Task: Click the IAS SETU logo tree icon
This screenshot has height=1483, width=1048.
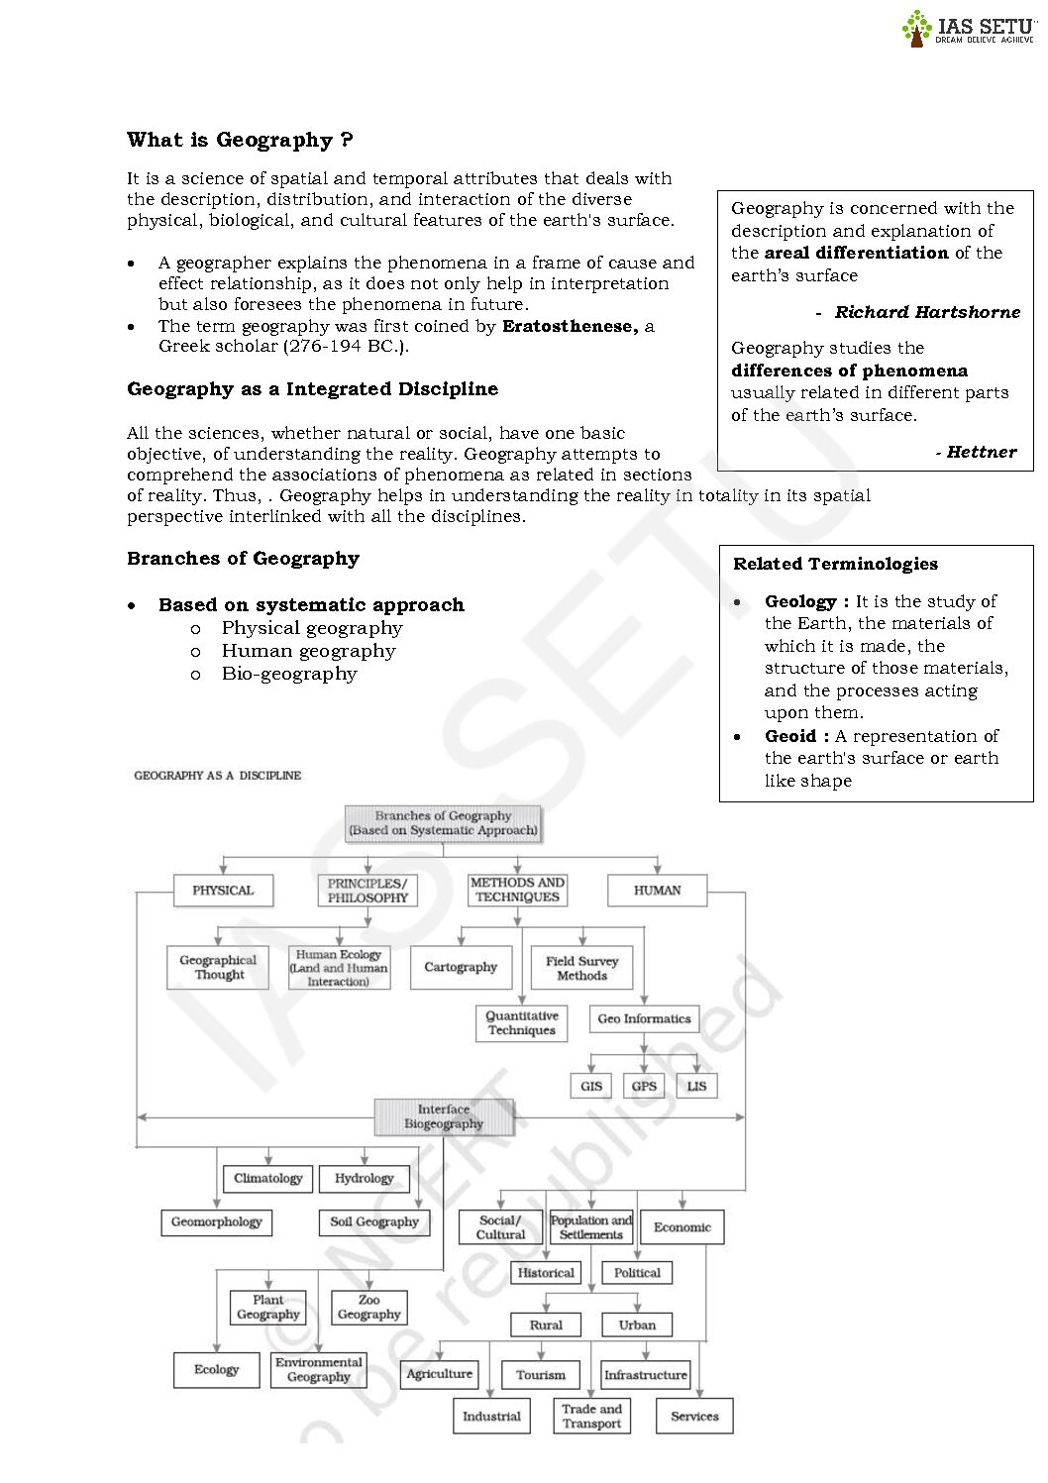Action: [x=916, y=28]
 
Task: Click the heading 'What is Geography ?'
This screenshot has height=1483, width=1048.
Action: [x=240, y=140]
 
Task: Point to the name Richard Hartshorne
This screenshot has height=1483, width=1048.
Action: [x=926, y=312]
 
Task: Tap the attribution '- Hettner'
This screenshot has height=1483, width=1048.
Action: [x=976, y=452]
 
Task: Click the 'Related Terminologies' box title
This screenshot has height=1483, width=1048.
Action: [x=835, y=564]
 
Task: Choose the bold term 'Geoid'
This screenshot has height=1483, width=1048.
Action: [x=790, y=736]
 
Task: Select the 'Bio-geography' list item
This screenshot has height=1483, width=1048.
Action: [x=289, y=674]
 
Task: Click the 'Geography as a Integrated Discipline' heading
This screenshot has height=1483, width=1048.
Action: [x=312, y=389]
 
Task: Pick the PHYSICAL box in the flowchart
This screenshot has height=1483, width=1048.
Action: [x=223, y=891]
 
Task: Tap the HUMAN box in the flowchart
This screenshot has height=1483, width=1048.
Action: [x=657, y=891]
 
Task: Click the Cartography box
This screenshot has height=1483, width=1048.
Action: [x=461, y=968]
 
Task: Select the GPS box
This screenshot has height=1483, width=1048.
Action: [x=644, y=1086]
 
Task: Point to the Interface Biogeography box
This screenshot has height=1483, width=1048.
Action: [x=444, y=1116]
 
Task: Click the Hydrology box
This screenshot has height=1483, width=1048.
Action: [x=364, y=1179]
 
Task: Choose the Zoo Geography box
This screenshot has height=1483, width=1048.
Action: [x=368, y=1308]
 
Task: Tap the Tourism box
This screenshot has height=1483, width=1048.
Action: [x=541, y=1375]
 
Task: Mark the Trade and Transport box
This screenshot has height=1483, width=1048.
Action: [x=591, y=1417]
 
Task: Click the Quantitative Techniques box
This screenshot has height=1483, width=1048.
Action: [x=522, y=1023]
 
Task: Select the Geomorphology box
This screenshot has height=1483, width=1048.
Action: [x=216, y=1222]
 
